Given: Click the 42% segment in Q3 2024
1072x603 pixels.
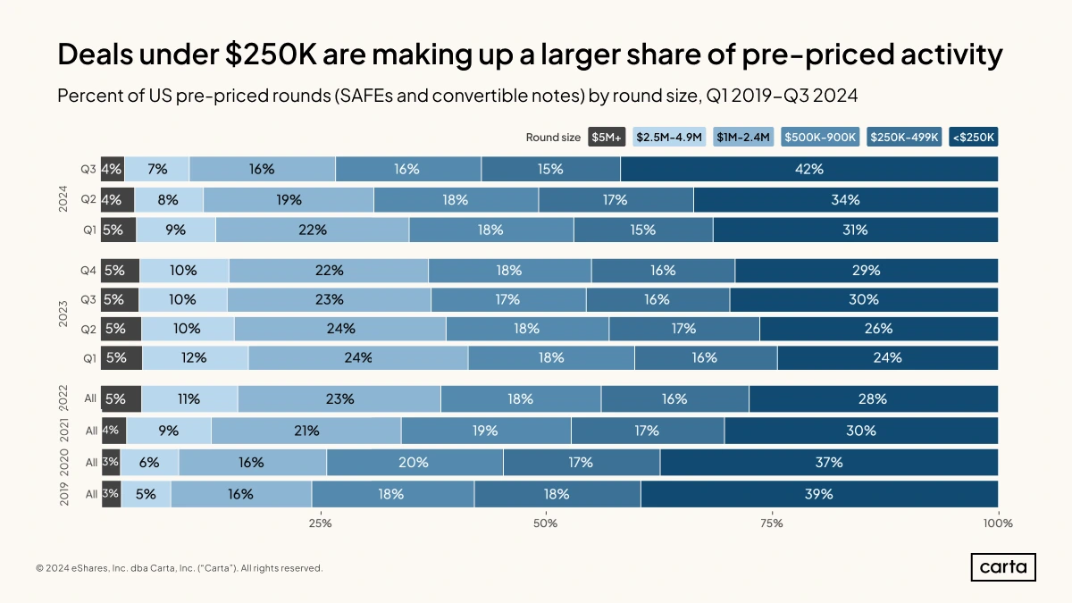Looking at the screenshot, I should (809, 169).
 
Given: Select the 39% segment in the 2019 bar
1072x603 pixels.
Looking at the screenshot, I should (819, 494).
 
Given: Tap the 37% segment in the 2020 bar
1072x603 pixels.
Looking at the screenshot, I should (829, 463).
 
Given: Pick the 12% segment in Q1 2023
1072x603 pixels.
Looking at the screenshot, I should (195, 357).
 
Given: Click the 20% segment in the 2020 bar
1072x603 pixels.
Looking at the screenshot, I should (415, 463).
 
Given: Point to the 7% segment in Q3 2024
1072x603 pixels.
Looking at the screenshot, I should (157, 169).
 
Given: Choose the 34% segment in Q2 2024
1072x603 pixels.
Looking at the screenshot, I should (845, 200).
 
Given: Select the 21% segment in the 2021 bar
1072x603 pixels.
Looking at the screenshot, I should (306, 431).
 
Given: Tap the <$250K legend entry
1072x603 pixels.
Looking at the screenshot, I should (974, 138).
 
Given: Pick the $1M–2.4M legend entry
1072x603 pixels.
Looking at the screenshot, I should (743, 138).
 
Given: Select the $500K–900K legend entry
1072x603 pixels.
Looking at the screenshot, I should (821, 138).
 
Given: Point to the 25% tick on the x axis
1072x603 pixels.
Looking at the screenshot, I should (320, 523).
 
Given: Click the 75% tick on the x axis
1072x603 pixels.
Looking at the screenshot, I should (772, 523).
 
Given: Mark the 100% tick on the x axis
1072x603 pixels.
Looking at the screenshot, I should (997, 523).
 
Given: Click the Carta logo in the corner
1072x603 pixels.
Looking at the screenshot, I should (1003, 567).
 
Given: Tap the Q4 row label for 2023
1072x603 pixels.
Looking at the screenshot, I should (88, 270).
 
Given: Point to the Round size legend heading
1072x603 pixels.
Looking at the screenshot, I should (552, 138).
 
